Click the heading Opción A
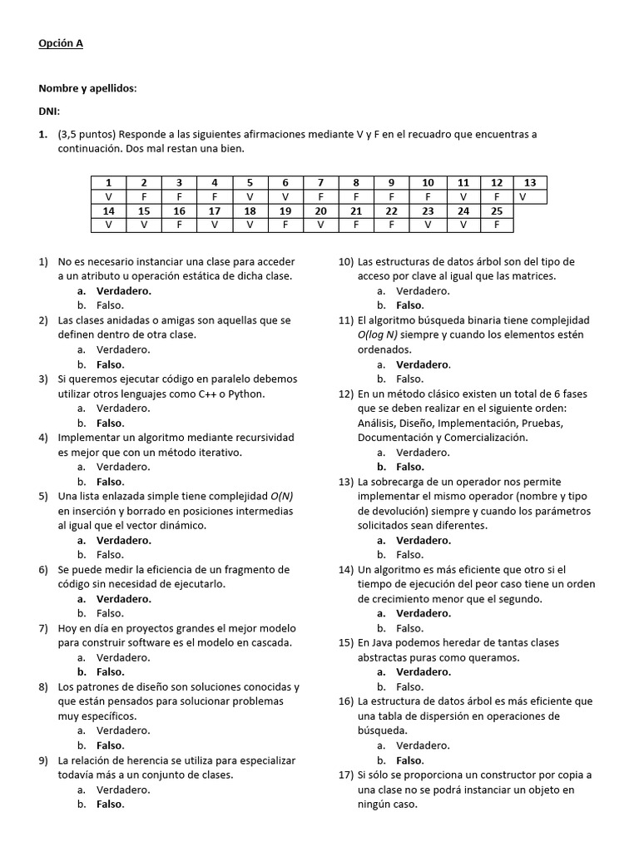[x=61, y=43]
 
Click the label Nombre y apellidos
[x=87, y=88]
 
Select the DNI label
[x=49, y=111]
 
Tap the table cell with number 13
[x=530, y=182]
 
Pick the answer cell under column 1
[x=108, y=196]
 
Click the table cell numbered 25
[x=496, y=211]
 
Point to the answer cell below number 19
[x=285, y=225]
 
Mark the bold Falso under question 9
[x=110, y=805]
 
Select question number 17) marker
[x=346, y=775]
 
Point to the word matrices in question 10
[x=532, y=276]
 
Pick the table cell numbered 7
[x=320, y=182]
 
